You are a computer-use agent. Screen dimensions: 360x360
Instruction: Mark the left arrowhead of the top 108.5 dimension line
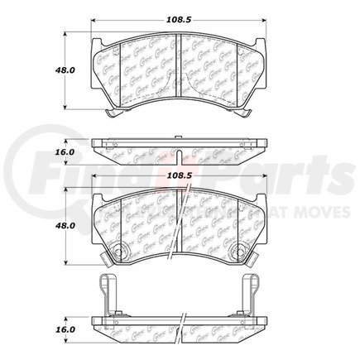(93, 25)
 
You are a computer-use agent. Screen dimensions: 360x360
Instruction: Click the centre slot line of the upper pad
(179, 71)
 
